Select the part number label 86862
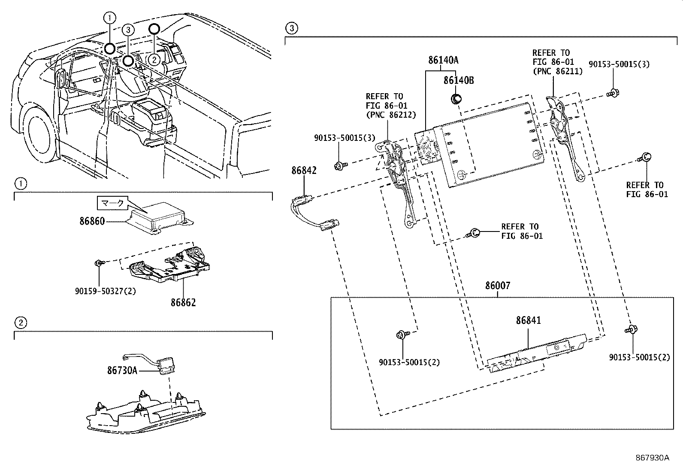pyautogui.click(x=183, y=302)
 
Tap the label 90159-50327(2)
pyautogui.click(x=105, y=291)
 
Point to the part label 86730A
pyautogui.click(x=122, y=370)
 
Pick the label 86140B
pyautogui.click(x=459, y=80)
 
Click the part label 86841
pyautogui.click(x=529, y=320)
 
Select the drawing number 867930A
pyautogui.click(x=652, y=457)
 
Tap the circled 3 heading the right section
pyautogui.click(x=291, y=29)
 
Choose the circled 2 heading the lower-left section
pyautogui.click(x=21, y=322)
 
